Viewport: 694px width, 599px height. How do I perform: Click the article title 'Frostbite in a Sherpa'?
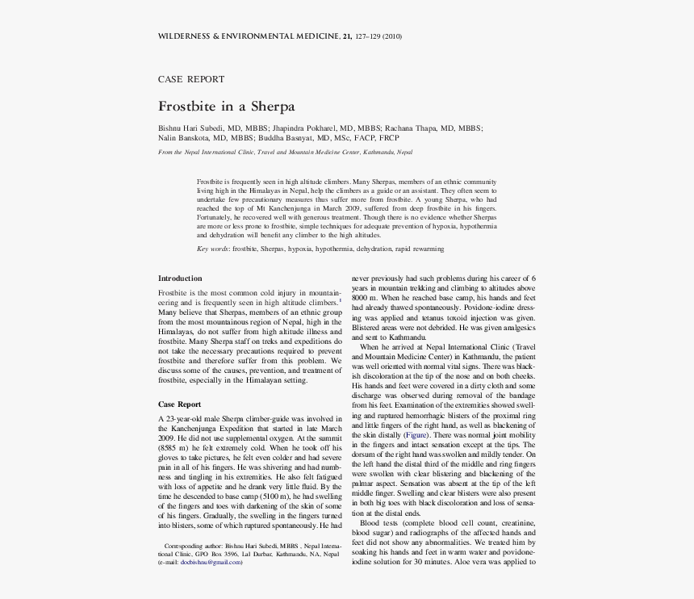point(227,107)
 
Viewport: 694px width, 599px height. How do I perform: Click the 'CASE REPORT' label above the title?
point(191,79)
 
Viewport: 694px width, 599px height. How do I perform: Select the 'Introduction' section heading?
point(180,278)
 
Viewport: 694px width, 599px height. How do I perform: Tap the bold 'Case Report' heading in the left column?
point(179,404)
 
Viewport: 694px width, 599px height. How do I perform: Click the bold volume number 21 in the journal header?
point(347,36)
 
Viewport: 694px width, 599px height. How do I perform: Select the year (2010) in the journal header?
point(392,36)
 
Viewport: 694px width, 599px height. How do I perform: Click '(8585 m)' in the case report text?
point(177,447)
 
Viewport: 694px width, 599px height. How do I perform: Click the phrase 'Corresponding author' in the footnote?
point(193,547)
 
